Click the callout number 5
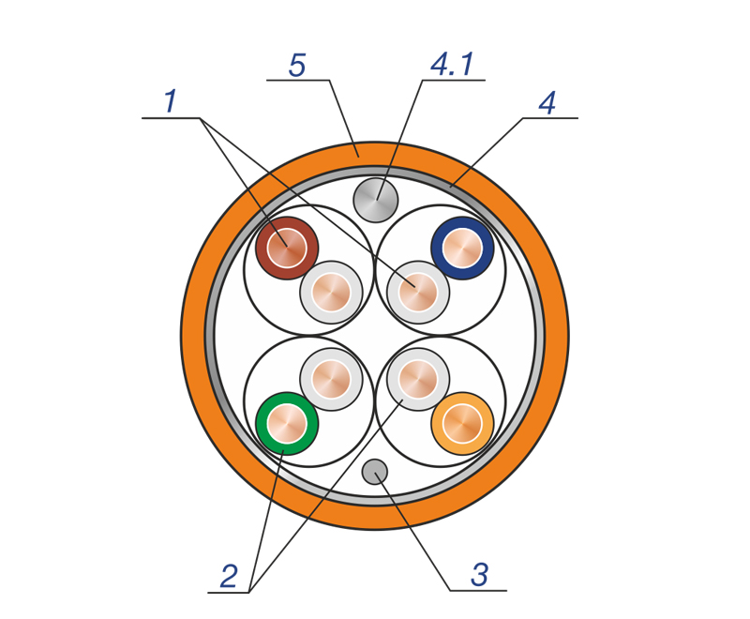coord(297,66)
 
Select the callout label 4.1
coord(453,64)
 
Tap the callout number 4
coord(547,103)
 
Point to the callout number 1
coord(171,101)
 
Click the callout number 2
coord(229,576)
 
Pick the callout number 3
coord(479,575)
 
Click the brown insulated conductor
coord(287,248)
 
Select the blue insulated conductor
coord(462,248)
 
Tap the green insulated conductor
coord(287,423)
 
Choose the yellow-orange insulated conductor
coord(462,423)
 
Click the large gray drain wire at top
coord(376,200)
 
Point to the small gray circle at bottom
coord(375,472)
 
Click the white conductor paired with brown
coord(331,293)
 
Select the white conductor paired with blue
coord(418,293)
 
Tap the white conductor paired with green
coord(331,379)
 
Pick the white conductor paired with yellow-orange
coord(418,379)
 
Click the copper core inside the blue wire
coord(462,248)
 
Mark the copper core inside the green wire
coord(287,423)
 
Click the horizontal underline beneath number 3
coord(478,591)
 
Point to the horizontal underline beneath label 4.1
coord(454,80)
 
